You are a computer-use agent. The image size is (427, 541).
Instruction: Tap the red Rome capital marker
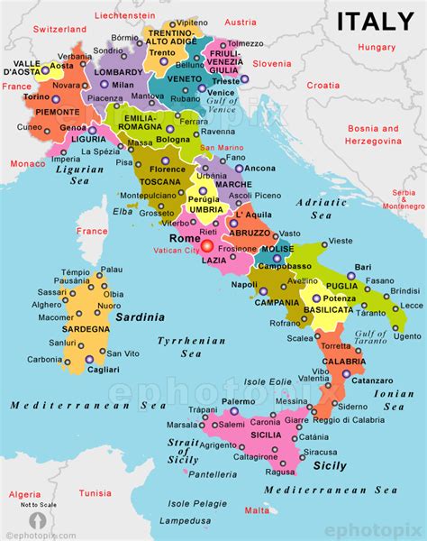coord(207,244)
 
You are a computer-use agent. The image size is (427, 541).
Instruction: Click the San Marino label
coord(221,147)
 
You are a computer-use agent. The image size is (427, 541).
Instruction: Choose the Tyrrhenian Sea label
coord(179,347)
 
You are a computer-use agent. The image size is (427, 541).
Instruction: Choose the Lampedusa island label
coord(179,521)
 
